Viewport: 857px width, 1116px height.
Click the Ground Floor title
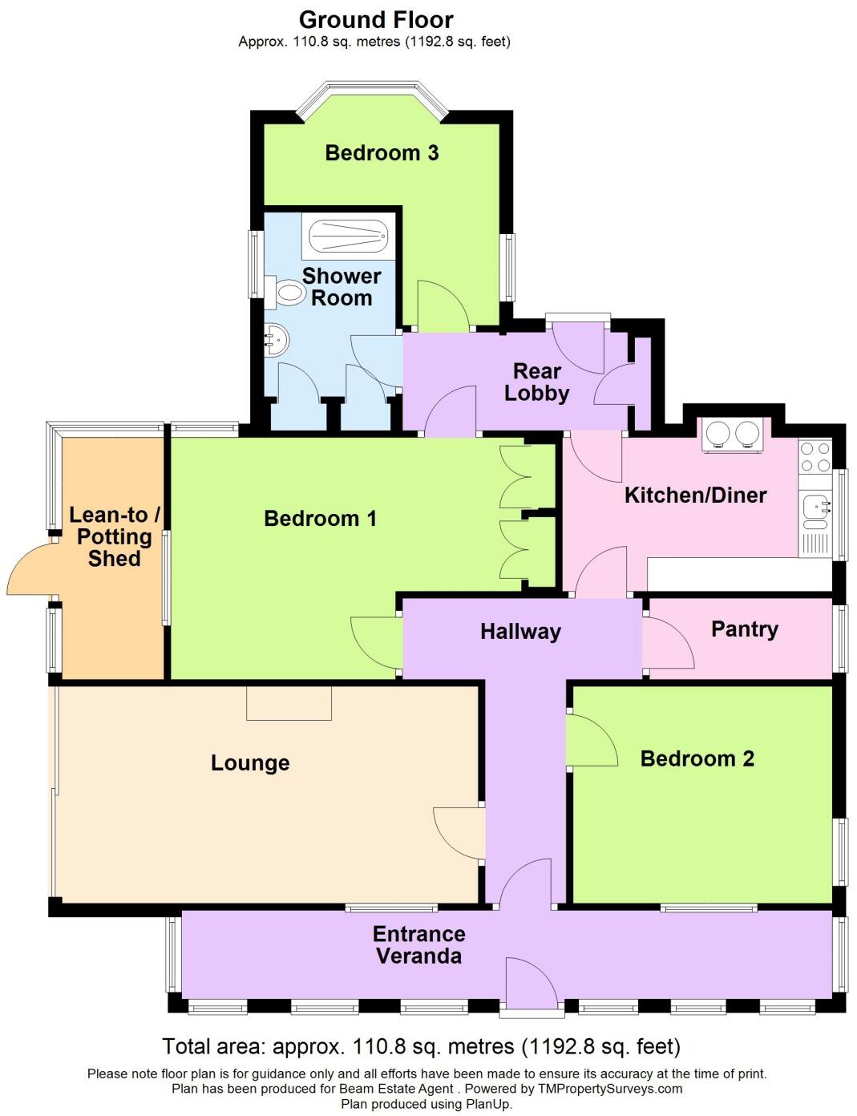(376, 20)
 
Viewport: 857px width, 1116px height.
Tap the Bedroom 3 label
(382, 152)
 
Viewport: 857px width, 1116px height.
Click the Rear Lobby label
(536, 382)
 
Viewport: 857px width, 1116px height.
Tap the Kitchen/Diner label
(695, 495)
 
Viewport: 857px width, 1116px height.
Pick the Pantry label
(744, 629)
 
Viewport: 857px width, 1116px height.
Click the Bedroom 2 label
(697, 758)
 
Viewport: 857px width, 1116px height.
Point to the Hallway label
(520, 632)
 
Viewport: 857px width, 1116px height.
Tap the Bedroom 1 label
(320, 519)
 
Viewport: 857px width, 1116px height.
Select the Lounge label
(250, 762)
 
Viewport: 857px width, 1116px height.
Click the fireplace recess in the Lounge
(289, 703)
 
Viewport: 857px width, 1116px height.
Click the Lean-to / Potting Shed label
(114, 536)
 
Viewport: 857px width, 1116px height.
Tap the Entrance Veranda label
(418, 944)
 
